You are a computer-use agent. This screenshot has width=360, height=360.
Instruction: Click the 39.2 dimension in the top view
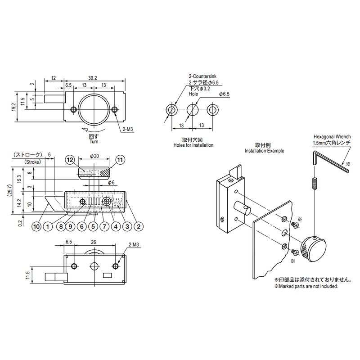click(92, 78)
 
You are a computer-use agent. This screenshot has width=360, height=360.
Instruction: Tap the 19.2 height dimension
click(14, 106)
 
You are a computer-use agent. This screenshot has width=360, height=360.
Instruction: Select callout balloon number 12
click(69, 159)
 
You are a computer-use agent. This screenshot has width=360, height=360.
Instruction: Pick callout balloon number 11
click(120, 159)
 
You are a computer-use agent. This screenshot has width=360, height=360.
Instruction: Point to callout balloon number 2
click(139, 226)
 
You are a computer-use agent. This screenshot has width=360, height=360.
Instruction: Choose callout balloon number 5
click(93, 226)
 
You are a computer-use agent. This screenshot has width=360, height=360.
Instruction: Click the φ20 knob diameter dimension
click(94, 156)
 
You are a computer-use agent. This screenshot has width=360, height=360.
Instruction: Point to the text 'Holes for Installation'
click(193, 145)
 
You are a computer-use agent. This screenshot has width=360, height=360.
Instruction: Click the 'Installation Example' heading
click(264, 151)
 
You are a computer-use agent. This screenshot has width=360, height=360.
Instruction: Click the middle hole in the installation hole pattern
click(193, 109)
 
